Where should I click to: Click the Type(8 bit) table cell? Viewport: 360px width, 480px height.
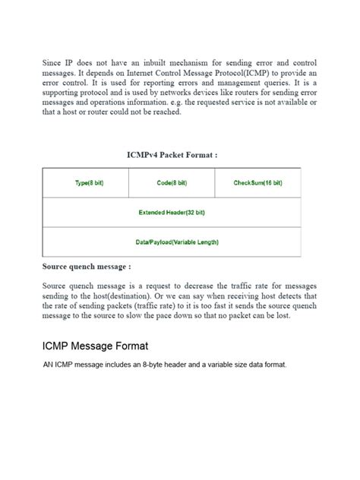[86, 183]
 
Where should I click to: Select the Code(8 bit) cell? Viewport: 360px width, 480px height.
[172, 183]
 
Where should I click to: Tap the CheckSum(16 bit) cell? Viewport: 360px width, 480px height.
[258, 183]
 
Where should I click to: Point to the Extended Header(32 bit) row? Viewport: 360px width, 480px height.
[172, 213]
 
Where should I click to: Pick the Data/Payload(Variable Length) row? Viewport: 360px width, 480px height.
[172, 242]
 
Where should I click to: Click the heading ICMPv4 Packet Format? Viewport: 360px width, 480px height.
[172, 155]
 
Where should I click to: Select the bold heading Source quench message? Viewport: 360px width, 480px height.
[87, 267]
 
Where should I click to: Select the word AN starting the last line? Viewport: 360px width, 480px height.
[49, 365]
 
